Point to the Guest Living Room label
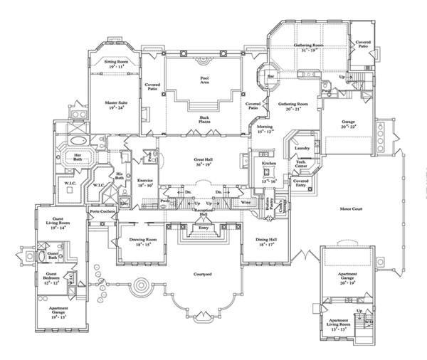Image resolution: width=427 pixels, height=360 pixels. tap(55, 224)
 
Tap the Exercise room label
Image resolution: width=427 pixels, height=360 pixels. tap(145, 181)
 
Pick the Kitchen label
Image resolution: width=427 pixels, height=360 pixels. tap(268, 164)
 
